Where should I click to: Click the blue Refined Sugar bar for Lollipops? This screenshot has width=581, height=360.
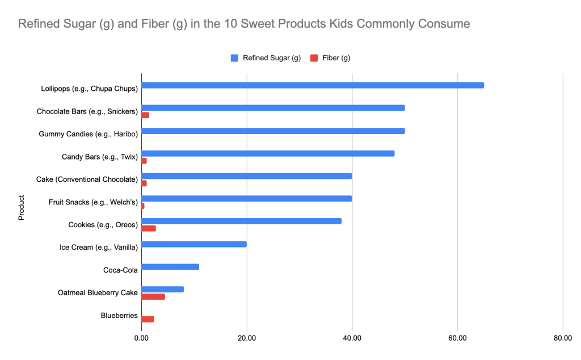[x=312, y=85]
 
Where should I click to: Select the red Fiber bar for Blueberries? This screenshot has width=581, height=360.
[x=148, y=319]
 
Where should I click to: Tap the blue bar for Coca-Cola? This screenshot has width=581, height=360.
[x=170, y=266]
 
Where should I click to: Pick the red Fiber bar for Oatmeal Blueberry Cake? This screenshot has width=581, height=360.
[x=153, y=296]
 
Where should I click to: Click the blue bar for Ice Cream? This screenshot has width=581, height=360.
[x=194, y=244]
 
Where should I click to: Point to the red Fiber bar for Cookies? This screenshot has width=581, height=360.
[x=149, y=228]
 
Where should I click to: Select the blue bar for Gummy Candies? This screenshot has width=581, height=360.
[x=273, y=131]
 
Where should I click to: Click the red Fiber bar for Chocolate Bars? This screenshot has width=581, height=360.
[x=145, y=115]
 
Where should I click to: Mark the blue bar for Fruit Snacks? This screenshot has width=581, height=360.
[x=247, y=198]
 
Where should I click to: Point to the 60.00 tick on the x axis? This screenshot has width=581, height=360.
[x=457, y=338]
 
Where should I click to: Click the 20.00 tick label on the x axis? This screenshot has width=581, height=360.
[x=246, y=338]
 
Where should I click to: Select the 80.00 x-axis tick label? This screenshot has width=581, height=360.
[x=562, y=338]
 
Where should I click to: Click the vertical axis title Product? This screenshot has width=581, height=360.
[x=22, y=208]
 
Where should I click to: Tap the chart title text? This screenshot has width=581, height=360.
[x=244, y=24]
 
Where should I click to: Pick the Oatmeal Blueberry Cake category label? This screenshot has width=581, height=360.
[x=98, y=293]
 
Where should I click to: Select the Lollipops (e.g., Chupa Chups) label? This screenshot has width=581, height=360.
[x=89, y=89]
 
